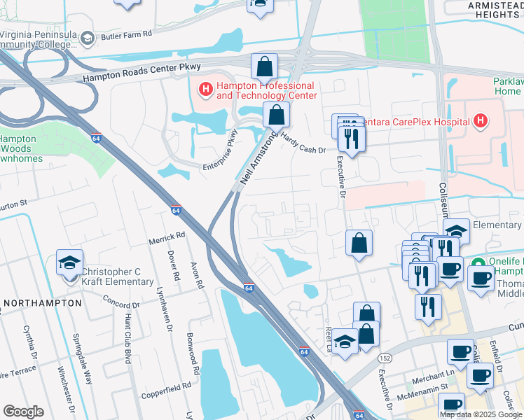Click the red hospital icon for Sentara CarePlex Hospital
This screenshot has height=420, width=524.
pyautogui.click(x=480, y=121)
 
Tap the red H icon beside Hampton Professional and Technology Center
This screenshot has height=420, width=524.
pyautogui.click(x=205, y=89)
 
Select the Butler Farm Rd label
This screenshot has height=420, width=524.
pyautogui.click(x=126, y=34)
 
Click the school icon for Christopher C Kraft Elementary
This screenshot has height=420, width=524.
pyautogui.click(x=69, y=263)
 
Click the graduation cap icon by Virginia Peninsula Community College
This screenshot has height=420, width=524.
pyautogui.click(x=87, y=38)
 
